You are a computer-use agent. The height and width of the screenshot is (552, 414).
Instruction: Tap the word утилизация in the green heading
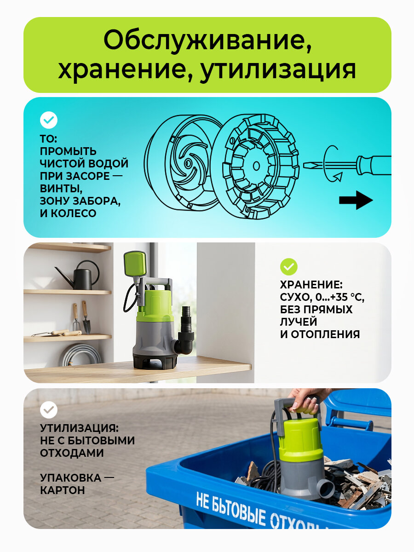[278, 69]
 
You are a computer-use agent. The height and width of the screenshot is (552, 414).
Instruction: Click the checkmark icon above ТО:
[48, 120]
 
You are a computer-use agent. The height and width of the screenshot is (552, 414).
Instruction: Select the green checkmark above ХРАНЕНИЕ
[288, 266]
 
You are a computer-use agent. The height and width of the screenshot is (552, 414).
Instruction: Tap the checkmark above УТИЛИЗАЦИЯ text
[48, 410]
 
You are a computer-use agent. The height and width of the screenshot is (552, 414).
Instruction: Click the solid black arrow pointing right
[356, 200]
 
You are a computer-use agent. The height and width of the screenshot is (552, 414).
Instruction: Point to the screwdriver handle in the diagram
[374, 165]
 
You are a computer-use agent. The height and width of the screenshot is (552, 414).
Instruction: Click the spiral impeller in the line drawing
[187, 163]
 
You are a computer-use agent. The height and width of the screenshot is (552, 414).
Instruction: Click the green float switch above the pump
[135, 264]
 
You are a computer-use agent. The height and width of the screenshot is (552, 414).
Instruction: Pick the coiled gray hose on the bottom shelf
[81, 355]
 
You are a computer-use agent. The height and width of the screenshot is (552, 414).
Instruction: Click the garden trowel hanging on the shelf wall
[86, 317]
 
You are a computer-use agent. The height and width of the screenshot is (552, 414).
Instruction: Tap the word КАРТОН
[63, 490]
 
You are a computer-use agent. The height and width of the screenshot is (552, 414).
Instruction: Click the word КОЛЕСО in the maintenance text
[74, 213]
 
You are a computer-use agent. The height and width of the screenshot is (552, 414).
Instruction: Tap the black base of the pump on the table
[155, 360]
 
